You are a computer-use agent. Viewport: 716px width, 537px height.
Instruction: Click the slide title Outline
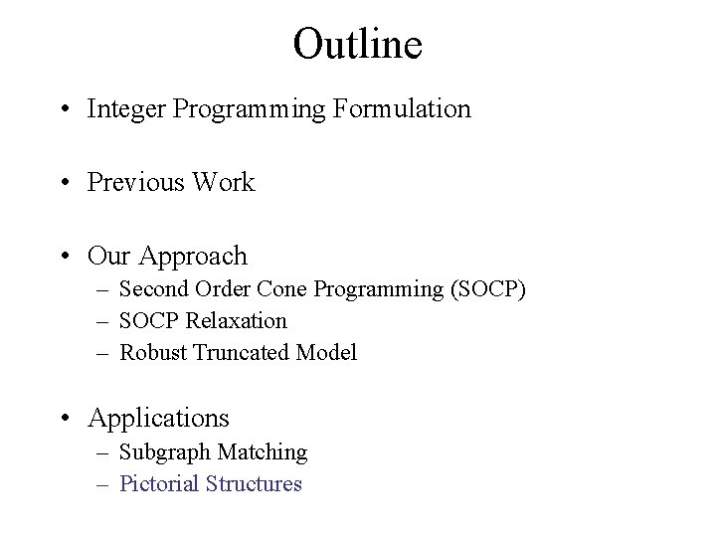[358, 44]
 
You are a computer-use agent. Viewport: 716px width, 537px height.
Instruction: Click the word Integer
[126, 109]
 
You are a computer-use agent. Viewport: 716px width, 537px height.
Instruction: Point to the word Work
[225, 183]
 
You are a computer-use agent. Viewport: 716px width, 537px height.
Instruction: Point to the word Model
[327, 353]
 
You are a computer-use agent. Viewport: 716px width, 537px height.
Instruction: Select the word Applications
[158, 419]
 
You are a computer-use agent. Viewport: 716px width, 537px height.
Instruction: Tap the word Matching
[262, 452]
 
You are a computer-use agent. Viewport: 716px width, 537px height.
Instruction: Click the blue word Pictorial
[159, 484]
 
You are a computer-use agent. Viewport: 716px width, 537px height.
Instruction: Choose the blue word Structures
[254, 484]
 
